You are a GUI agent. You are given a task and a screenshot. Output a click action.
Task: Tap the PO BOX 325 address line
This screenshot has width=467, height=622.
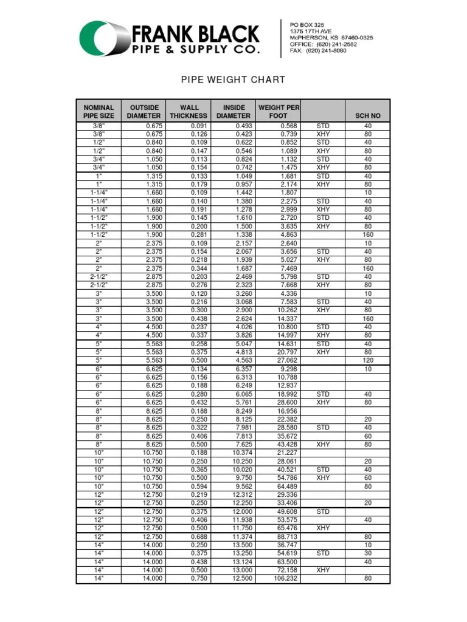307,24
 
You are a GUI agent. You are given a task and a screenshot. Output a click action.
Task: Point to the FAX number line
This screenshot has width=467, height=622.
318,50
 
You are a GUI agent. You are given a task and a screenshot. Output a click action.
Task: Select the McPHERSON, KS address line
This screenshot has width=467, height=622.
331,37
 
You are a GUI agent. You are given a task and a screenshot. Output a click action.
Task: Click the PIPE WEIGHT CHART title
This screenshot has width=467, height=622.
233,80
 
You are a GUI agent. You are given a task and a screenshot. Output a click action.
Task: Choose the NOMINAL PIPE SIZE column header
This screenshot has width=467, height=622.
99,111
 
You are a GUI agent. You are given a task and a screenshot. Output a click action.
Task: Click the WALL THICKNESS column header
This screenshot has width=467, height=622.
189,111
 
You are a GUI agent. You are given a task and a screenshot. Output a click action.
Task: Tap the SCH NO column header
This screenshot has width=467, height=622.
367,115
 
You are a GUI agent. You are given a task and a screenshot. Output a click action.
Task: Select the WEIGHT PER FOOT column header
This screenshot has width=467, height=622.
278,111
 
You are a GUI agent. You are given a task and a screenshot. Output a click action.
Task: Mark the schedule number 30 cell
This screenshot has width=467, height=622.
367,554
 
